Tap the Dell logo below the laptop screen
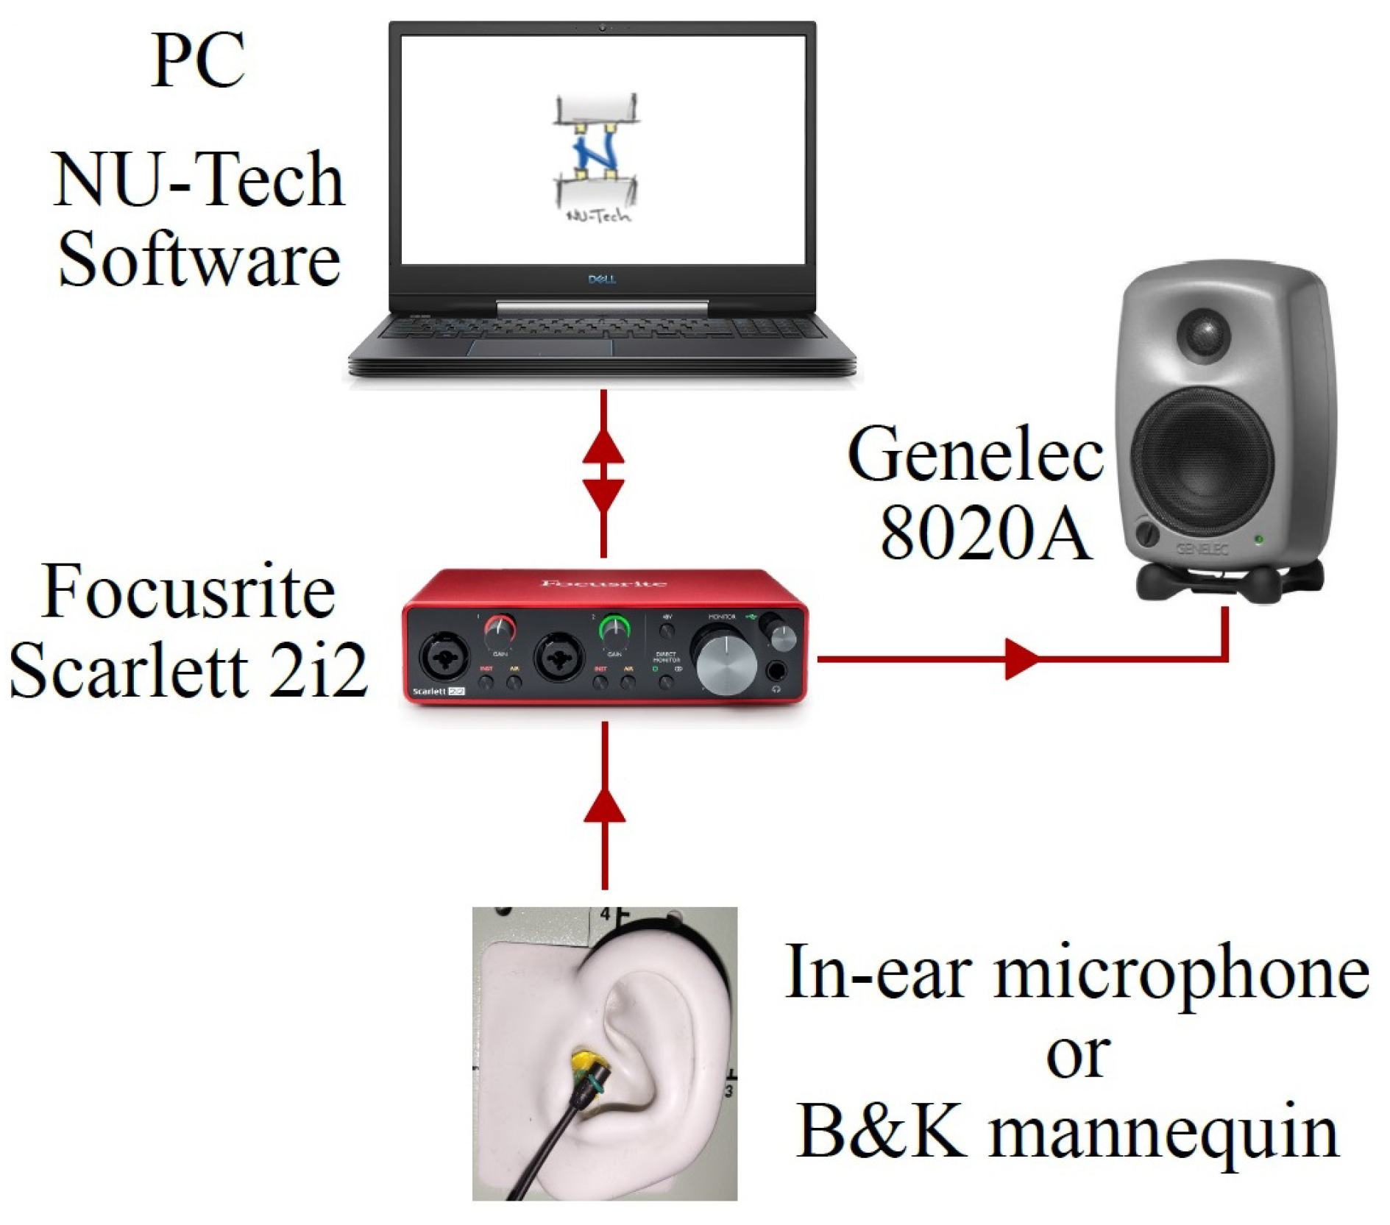[601, 279]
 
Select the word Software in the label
[199, 260]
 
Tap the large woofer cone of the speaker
[1202, 460]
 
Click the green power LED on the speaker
[1259, 540]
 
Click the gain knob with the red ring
[500, 630]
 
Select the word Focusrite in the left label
[188, 592]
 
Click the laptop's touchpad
[541, 347]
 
